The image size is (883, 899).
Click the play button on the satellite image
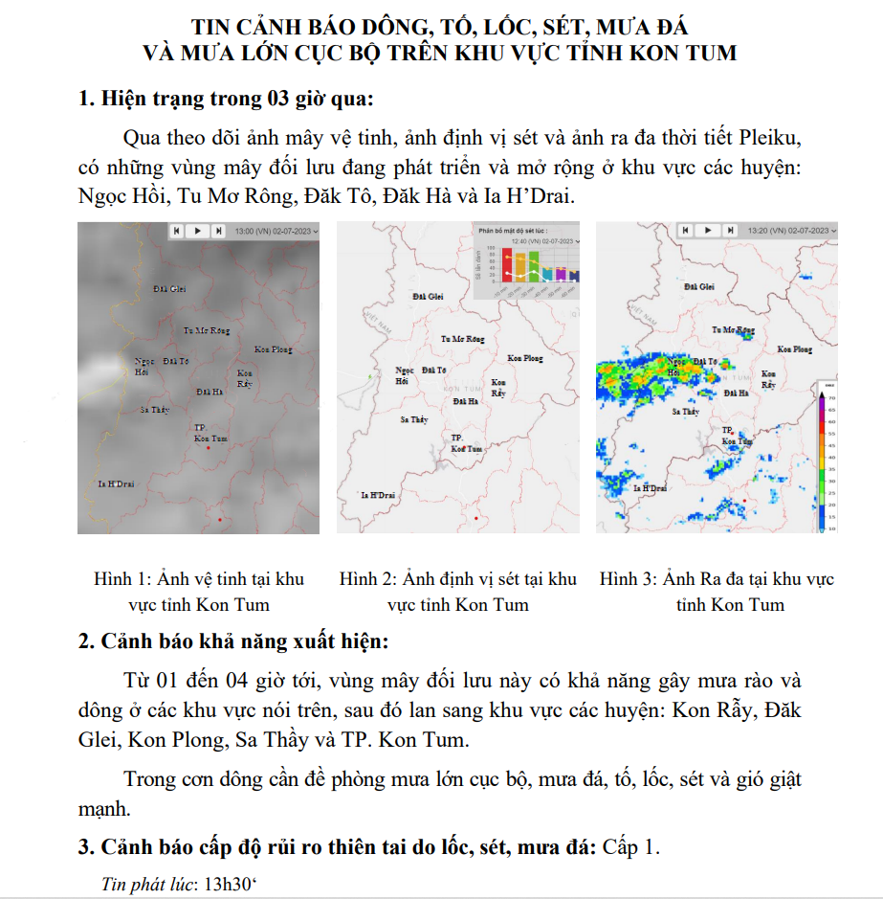coord(197,231)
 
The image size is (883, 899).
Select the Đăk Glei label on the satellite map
coord(169,288)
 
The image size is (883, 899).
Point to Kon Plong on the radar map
coord(795,349)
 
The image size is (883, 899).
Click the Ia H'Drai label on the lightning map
coord(377,495)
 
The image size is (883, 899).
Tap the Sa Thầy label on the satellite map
coord(154,409)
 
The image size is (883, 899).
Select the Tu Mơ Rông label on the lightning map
coord(462,339)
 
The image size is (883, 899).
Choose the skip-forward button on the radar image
coord(729,231)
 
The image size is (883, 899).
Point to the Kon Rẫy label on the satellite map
coord(245,377)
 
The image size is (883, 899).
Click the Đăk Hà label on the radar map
coord(736,393)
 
